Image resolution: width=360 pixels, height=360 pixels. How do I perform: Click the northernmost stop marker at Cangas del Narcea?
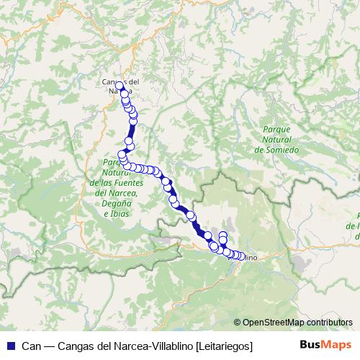[x=120, y=86]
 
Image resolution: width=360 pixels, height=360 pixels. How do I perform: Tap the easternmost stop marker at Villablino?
[x=240, y=255]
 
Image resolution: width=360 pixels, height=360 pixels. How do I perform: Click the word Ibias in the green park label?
[x=119, y=214]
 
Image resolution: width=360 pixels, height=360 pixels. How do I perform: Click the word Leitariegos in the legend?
[x=225, y=346]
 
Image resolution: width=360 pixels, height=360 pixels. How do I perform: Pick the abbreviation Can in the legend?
[x=31, y=346]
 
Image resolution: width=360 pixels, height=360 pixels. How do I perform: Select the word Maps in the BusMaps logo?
[x=335, y=345]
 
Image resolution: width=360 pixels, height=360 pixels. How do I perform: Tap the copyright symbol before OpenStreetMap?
[x=237, y=323]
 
